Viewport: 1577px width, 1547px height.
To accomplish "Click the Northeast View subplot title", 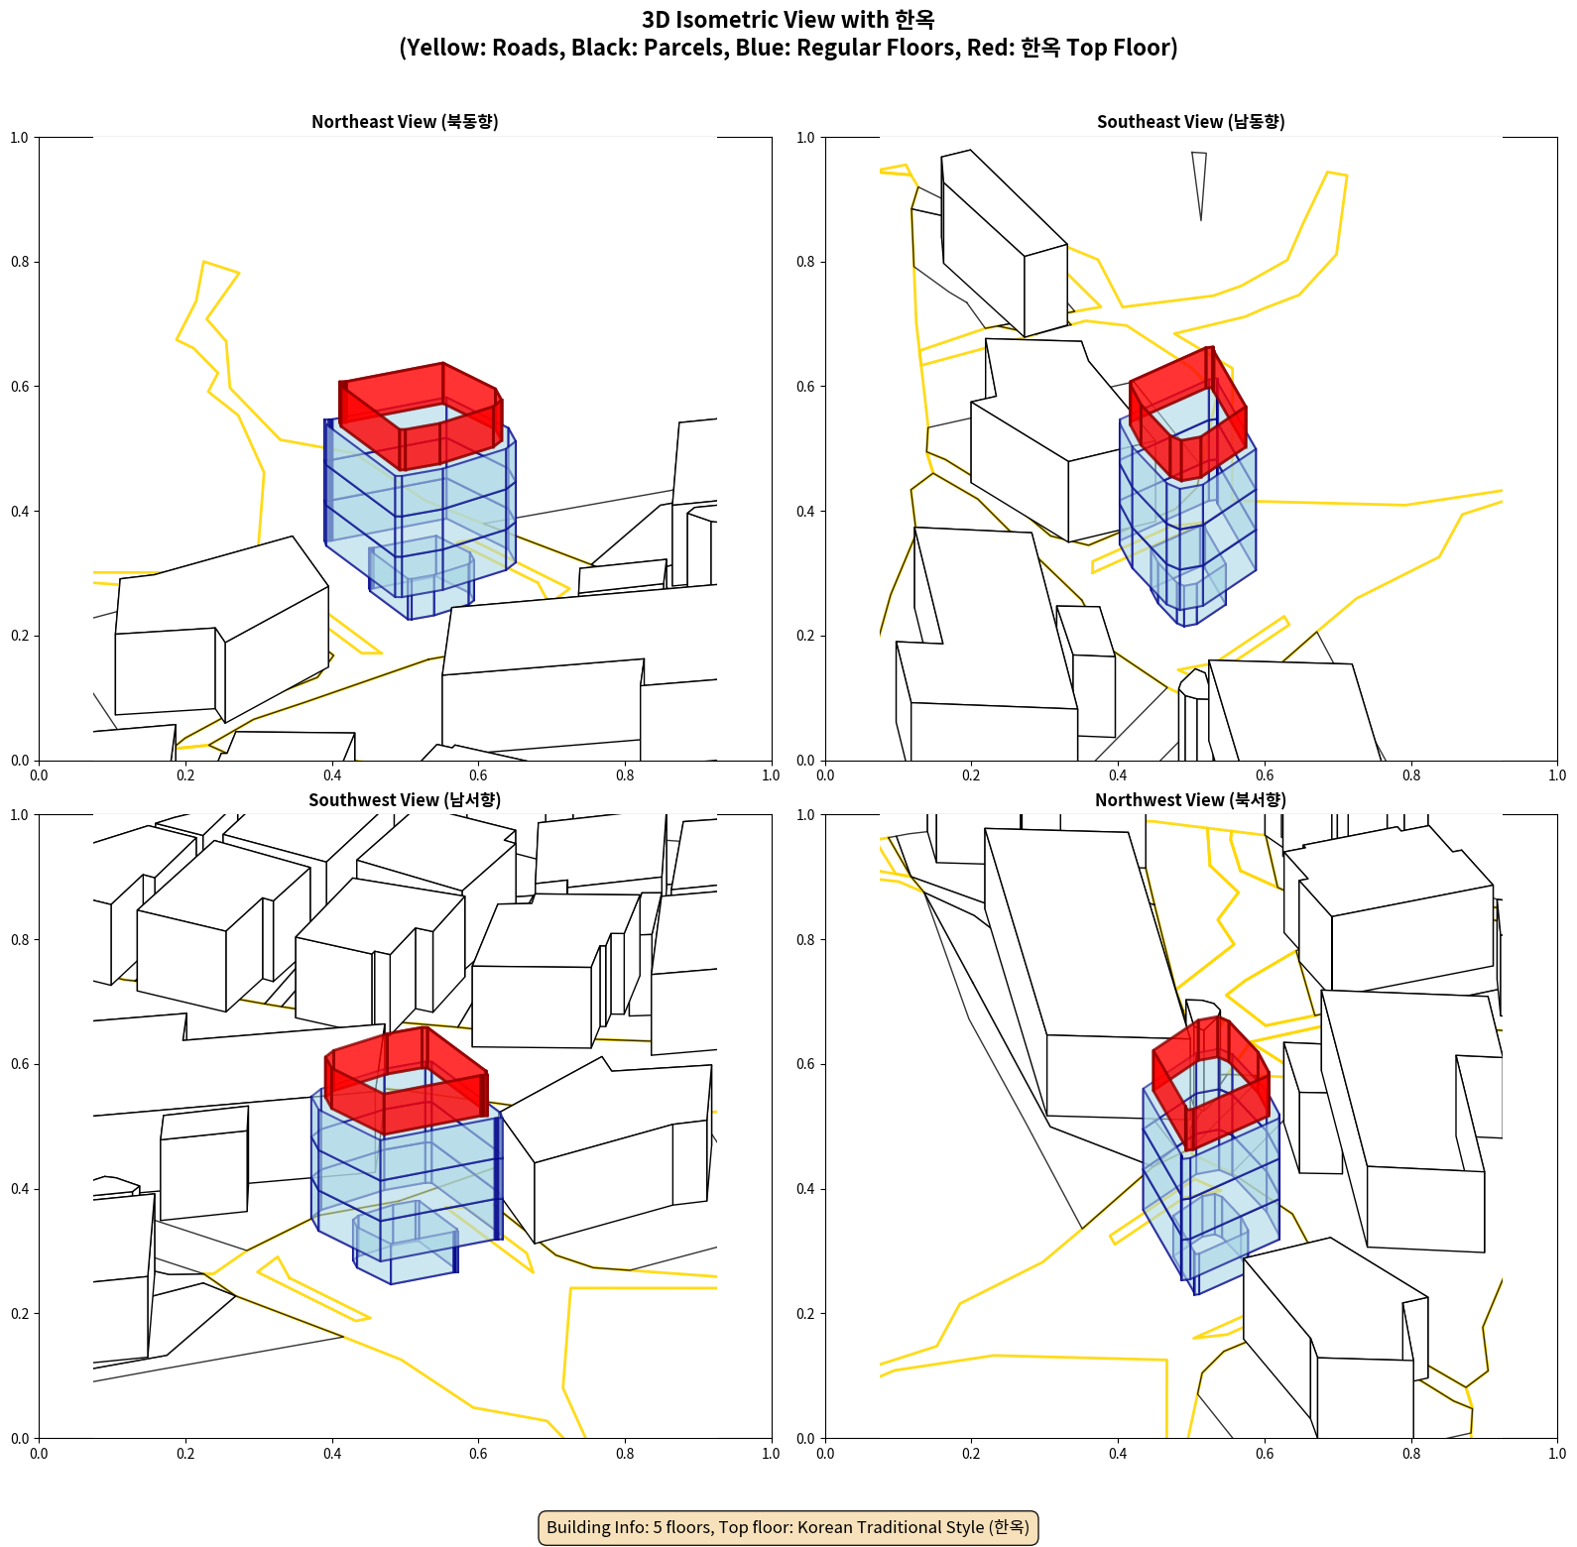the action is click(405, 122).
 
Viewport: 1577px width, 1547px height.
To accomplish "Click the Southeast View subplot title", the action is click(1190, 122).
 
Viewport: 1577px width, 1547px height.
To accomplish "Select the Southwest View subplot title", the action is click(405, 800).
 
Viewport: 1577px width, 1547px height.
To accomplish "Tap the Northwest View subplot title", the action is click(1190, 800).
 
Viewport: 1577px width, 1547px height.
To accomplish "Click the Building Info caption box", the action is click(788, 1527).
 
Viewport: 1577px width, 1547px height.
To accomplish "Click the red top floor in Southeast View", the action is click(1188, 414).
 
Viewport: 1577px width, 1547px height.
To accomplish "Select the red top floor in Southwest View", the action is click(407, 1081).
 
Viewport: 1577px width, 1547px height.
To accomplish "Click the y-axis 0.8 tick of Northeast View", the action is click(20, 262).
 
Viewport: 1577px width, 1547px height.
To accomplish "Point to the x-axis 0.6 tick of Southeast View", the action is click(1265, 775).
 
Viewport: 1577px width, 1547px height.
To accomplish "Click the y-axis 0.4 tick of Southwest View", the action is click(20, 1189).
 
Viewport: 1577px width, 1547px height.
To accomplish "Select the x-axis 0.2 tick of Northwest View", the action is click(971, 1454).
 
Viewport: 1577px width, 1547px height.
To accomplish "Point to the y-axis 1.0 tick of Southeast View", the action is click(806, 138).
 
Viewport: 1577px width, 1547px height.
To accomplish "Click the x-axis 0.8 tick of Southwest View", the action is click(625, 1454).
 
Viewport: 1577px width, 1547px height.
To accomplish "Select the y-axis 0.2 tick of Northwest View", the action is click(806, 1314).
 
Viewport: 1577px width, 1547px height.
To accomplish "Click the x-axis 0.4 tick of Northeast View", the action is click(332, 775).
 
